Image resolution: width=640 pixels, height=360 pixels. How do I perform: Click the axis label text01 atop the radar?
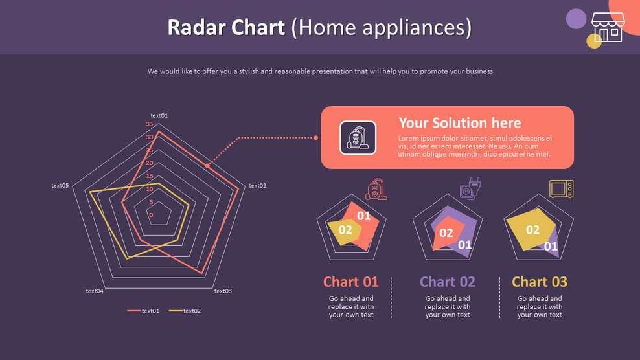(159, 116)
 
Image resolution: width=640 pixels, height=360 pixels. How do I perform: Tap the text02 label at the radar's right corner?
(257, 186)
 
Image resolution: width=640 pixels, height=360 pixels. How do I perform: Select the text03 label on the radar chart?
(223, 291)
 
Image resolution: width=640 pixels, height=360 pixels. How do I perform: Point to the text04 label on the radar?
(95, 291)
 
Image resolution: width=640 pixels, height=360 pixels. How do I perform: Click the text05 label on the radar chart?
(60, 186)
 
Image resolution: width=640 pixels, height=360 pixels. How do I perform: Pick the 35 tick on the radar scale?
(150, 124)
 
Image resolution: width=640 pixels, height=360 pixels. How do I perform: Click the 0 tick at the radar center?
(151, 215)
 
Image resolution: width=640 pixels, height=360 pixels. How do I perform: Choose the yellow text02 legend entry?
(185, 311)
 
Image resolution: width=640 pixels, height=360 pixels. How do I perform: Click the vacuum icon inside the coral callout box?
(358, 138)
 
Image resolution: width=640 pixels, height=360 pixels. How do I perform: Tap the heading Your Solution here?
(459, 123)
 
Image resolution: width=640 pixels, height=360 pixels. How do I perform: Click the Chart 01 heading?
(350, 282)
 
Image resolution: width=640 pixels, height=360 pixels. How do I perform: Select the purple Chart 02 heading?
(448, 282)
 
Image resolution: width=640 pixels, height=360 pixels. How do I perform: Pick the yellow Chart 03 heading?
(540, 282)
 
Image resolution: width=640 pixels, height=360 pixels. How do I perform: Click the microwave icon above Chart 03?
(562, 188)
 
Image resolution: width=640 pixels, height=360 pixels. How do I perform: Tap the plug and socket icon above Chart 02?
(470, 189)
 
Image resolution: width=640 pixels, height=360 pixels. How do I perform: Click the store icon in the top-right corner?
(607, 28)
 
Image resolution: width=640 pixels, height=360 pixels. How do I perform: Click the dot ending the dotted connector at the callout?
(315, 138)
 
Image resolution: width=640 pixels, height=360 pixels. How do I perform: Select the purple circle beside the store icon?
(576, 19)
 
